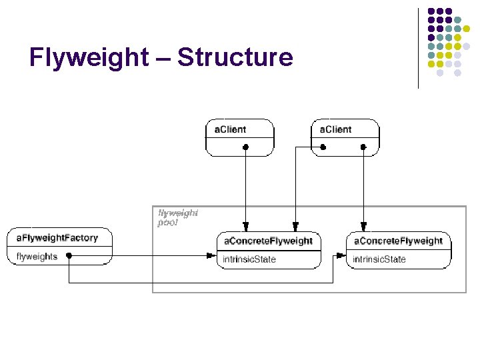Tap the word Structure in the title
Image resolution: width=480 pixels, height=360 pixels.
pos(235,57)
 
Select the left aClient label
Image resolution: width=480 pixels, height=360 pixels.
pos(230,129)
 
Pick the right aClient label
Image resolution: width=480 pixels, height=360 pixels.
pos(335,129)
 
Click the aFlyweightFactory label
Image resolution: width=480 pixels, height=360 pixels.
pos(57,238)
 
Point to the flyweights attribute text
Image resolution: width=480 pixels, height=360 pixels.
pos(37,257)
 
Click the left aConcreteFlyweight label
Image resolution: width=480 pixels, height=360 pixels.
pos(268,241)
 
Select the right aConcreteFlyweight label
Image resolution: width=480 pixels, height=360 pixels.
pos(398,241)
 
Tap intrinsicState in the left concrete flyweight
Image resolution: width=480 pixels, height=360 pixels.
pos(249,259)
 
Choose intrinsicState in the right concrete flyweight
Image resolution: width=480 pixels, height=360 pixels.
pos(379,259)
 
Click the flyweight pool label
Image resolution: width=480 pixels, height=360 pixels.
pos(177,218)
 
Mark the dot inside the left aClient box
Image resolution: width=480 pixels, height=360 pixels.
pos(246,146)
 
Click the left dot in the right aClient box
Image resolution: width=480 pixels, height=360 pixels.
pos(323,146)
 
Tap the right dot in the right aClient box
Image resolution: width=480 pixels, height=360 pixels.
pos(363,146)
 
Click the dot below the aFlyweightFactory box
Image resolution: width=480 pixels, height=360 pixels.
pos(69,265)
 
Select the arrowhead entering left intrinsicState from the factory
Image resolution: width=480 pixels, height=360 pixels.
pos(212,255)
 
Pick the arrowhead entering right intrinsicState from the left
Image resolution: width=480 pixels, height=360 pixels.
pos(342,255)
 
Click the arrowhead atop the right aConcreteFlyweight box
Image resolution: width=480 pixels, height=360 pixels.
pos(363,227)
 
